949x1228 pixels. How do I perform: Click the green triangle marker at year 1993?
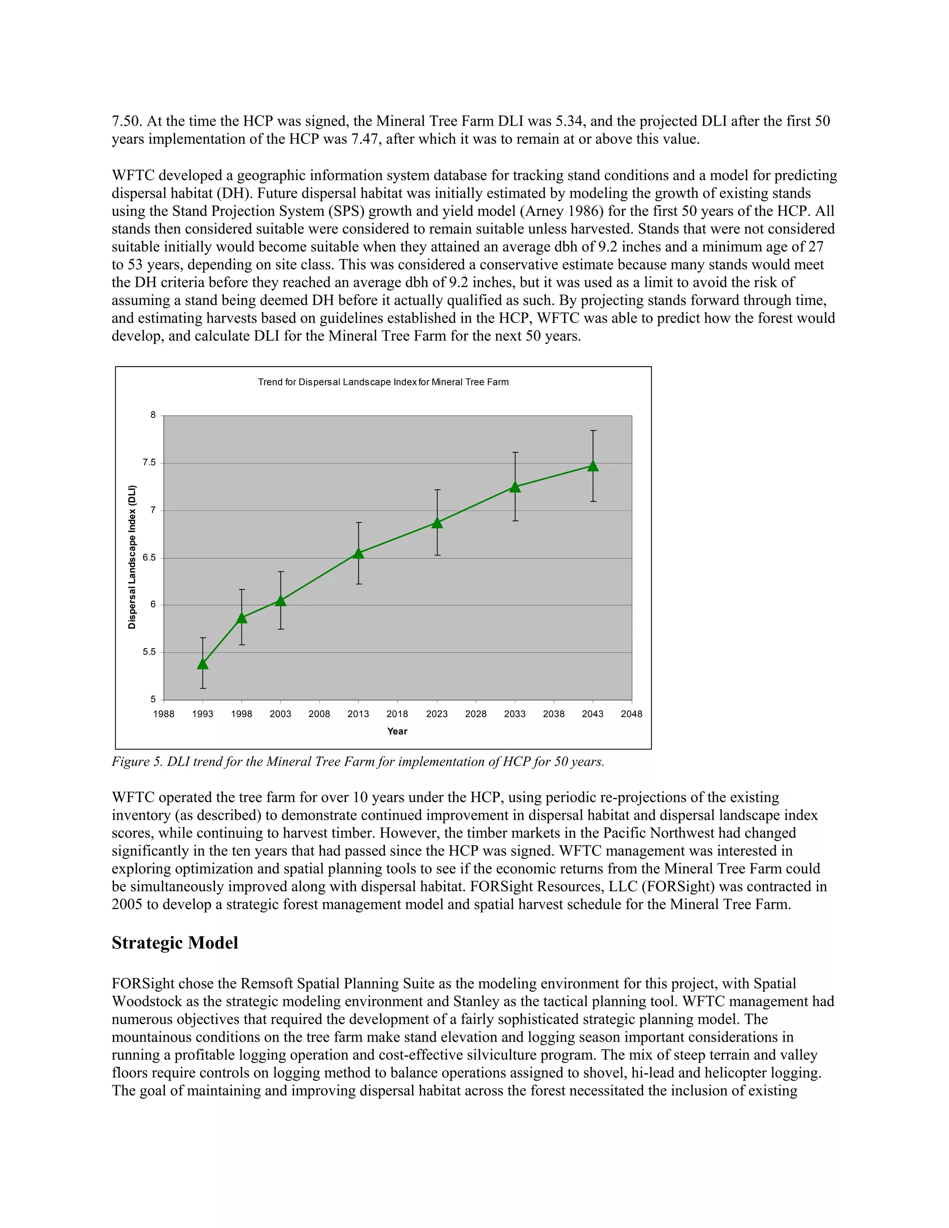[203, 664]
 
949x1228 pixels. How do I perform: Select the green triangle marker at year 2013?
[359, 553]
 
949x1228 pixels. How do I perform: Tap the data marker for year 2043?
[593, 466]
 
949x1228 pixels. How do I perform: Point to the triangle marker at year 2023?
[437, 523]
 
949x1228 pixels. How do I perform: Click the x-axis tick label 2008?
[319, 714]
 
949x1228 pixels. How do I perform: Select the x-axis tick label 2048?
[632, 714]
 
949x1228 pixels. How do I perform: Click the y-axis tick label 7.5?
[149, 463]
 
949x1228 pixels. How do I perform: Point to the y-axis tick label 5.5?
[149, 652]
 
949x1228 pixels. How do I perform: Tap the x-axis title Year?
[397, 732]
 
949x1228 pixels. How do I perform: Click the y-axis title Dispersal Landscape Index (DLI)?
[132, 557]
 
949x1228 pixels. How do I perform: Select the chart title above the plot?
[383, 382]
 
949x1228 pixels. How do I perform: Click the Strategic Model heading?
[175, 943]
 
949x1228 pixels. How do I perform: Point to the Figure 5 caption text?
[358, 762]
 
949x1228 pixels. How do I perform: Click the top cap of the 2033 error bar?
[515, 453]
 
